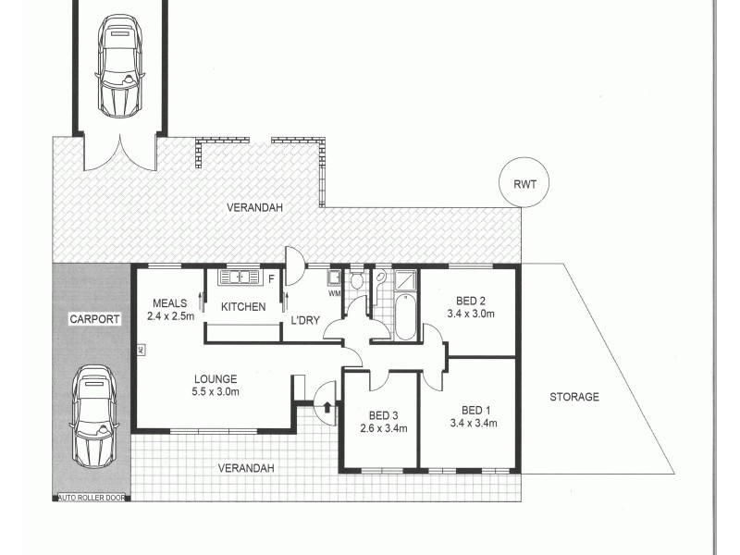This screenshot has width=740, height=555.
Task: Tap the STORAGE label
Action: pos(574,397)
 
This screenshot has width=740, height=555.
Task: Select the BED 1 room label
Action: pos(479,409)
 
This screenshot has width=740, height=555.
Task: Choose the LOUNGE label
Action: pos(216,378)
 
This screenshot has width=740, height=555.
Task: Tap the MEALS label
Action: pos(171,302)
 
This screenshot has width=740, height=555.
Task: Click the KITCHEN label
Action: pos(243,307)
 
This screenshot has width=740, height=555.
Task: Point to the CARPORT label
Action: pos(94,319)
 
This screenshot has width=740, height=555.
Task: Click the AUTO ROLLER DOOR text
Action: pos(91,497)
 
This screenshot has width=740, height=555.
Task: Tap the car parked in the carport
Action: pos(95,415)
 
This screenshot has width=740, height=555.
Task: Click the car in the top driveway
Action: pos(119,65)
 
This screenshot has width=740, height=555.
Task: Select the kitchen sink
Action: pos(240,276)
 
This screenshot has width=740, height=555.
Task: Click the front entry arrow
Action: pos(327,406)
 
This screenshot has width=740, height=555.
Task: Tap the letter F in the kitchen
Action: pos(272,277)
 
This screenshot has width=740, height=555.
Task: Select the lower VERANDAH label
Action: pos(246,468)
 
